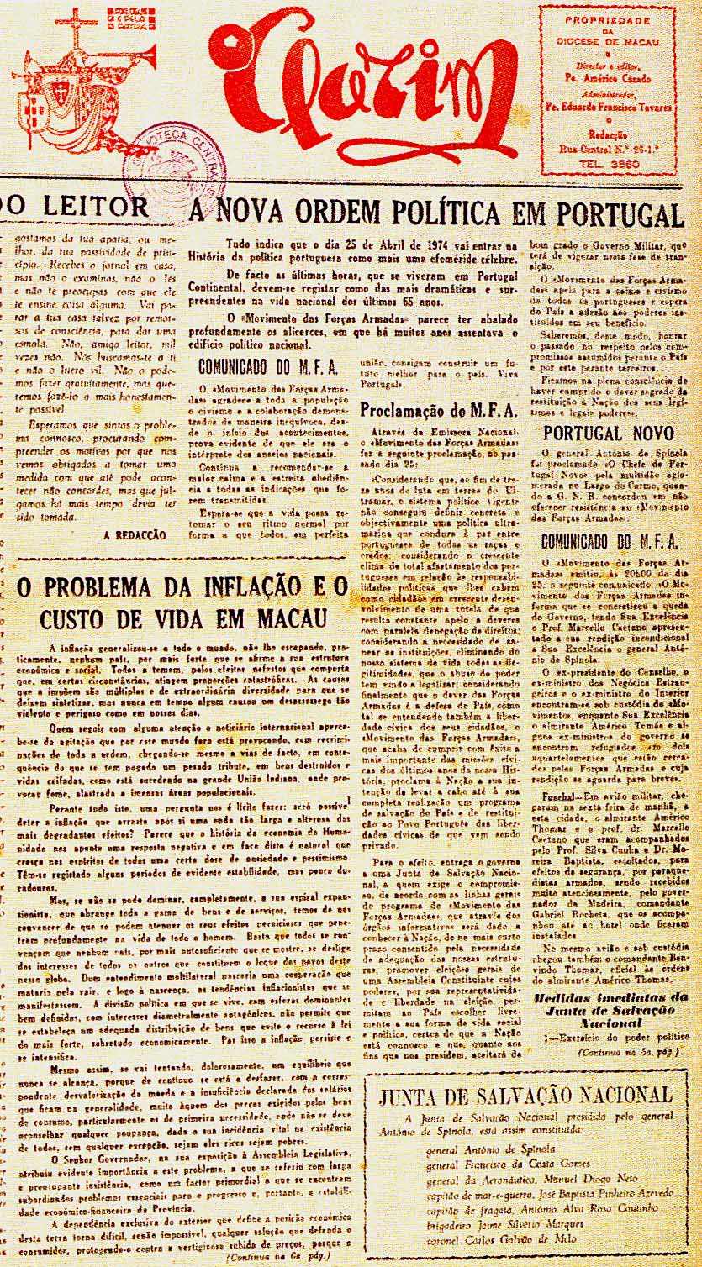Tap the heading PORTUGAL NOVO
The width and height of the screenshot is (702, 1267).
coord(608,434)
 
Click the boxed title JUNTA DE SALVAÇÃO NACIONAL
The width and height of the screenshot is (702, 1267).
coord(525,1096)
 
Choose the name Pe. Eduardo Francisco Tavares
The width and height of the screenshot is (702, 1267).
coord(609,108)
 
